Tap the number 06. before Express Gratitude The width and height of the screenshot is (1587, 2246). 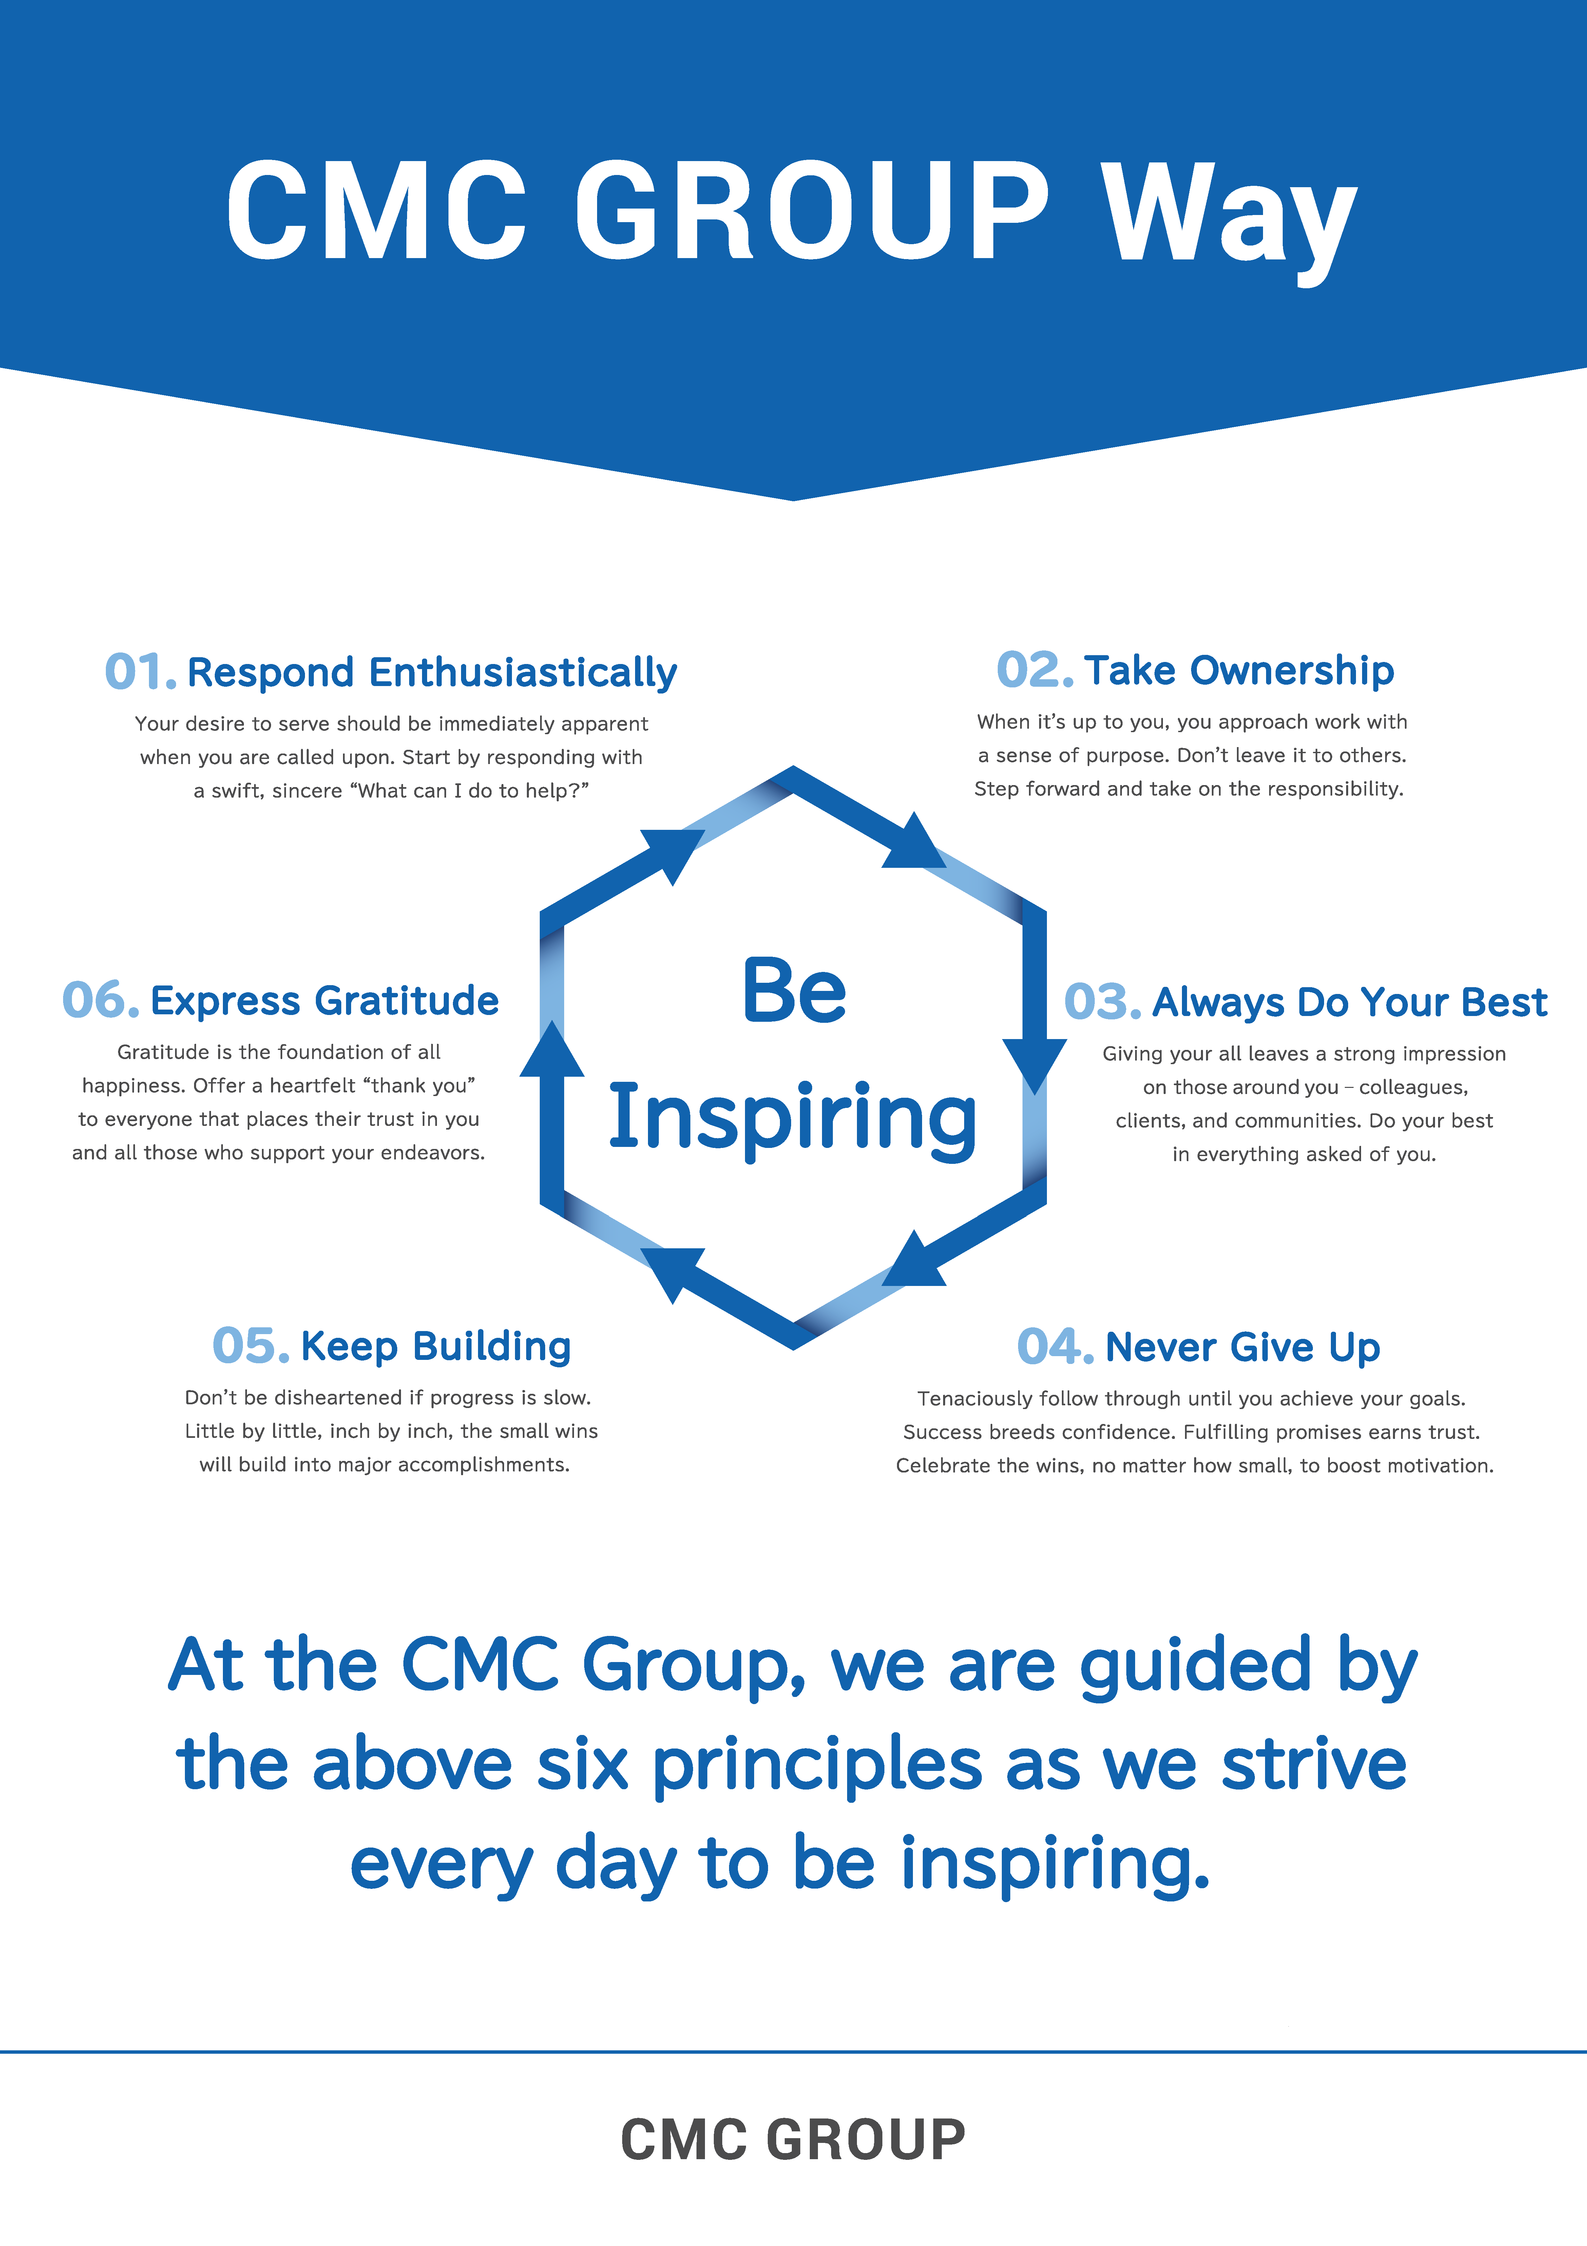tap(101, 1000)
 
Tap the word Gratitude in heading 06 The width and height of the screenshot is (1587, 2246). tap(407, 1001)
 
